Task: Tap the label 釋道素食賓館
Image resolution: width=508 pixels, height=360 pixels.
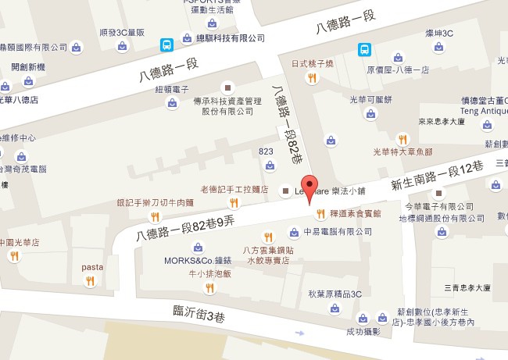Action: (355, 212)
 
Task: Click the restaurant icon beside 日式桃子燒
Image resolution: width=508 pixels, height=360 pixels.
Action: (312, 77)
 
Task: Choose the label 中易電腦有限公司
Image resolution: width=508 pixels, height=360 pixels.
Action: (337, 232)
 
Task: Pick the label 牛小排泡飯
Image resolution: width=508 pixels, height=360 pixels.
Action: (209, 273)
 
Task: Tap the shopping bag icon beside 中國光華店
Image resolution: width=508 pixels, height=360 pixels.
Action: (14, 256)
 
